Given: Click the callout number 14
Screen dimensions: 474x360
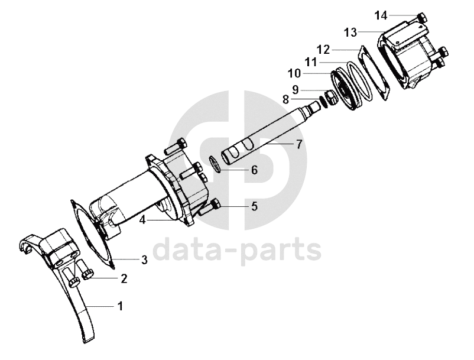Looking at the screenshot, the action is coord(381,15).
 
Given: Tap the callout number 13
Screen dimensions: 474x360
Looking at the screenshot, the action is coord(350,33).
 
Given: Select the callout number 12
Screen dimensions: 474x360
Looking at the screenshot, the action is coord(323,50).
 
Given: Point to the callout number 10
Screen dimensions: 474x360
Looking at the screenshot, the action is coord(294,73).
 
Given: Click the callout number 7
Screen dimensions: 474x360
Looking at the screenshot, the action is coord(299,144).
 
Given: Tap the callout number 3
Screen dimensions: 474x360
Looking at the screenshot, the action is coord(144,260).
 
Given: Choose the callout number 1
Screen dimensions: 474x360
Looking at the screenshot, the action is coord(121,306).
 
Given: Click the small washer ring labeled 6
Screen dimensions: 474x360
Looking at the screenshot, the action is coord(215,164).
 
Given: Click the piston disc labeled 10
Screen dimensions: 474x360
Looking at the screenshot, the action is coord(344,90).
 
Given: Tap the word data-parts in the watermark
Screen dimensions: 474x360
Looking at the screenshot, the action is coord(237,249).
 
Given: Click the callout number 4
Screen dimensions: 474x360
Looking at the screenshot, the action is coord(142,220).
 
